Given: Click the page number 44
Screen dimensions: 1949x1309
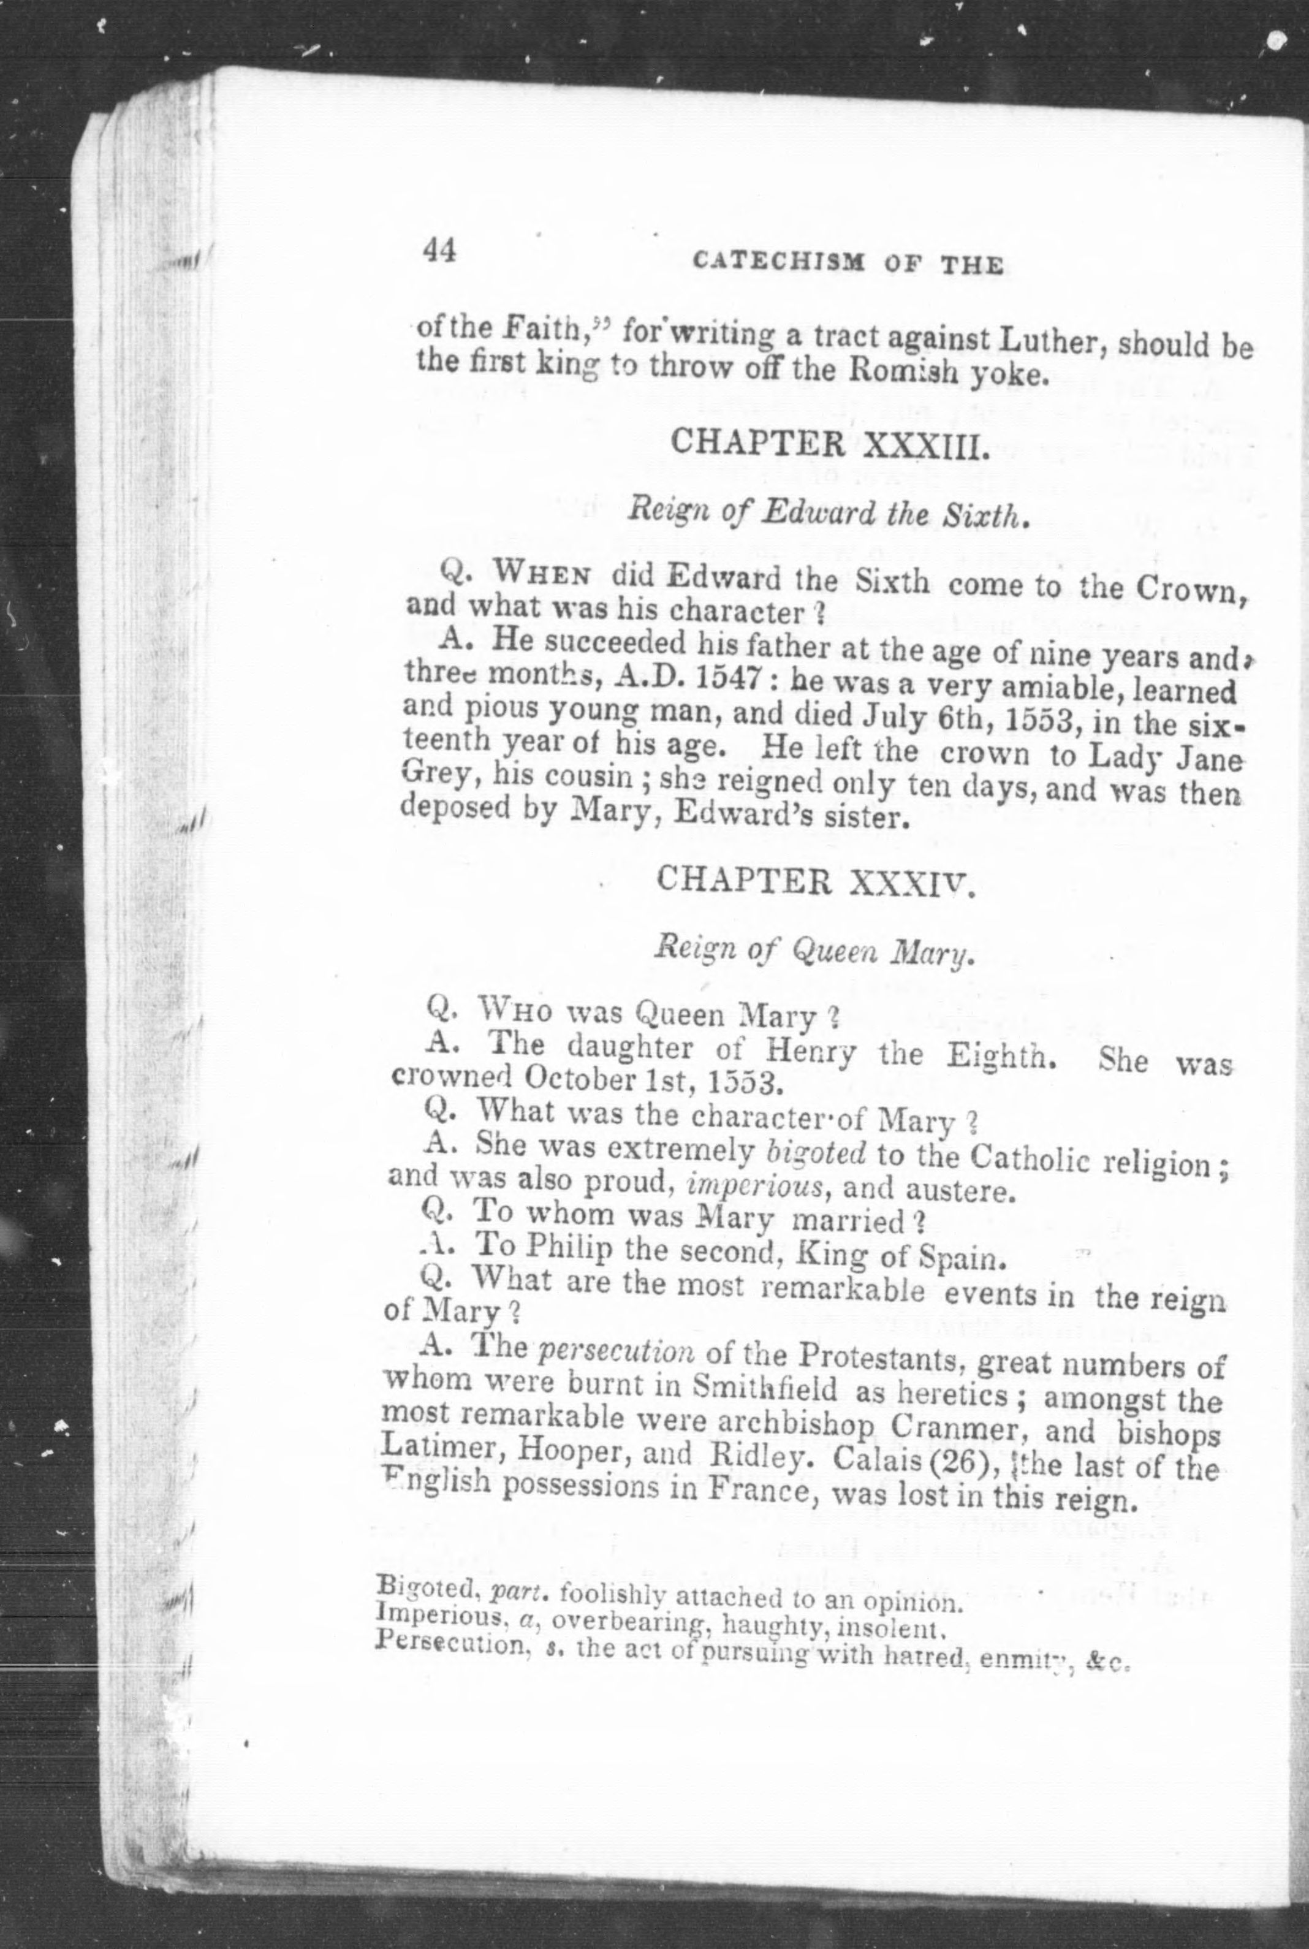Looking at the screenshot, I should pos(439,249).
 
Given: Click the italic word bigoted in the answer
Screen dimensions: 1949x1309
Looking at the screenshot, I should pos(815,1152).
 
